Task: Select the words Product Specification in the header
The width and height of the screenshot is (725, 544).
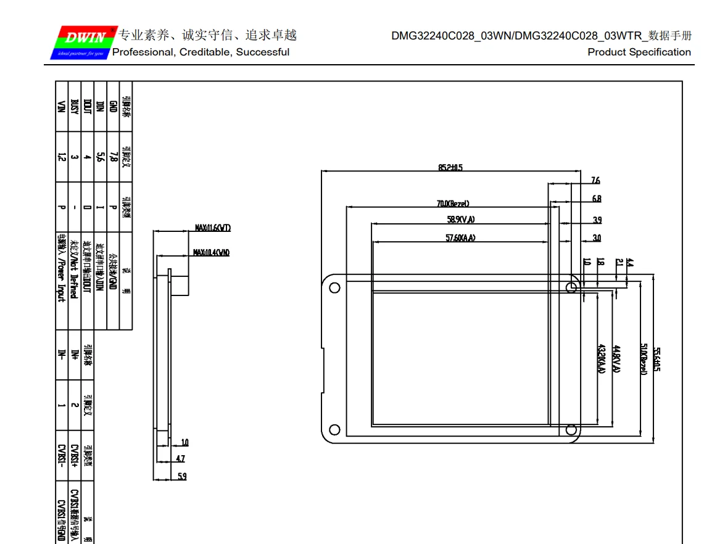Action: tap(639, 52)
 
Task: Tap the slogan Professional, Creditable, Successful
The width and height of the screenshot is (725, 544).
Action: tap(201, 52)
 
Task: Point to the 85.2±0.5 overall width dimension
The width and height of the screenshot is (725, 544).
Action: tap(450, 167)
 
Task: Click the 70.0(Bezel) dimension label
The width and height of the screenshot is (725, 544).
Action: tap(454, 204)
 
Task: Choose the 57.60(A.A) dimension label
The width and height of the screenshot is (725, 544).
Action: tap(460, 238)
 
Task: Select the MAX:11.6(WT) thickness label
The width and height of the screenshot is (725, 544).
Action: tap(212, 228)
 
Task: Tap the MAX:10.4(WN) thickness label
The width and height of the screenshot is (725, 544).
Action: tap(211, 252)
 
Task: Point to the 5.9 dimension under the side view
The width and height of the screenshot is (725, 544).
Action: tap(182, 476)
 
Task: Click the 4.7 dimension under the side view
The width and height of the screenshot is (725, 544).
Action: tap(180, 459)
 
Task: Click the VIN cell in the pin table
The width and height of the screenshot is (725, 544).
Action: tap(61, 106)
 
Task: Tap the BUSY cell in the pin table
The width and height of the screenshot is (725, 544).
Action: tap(74, 106)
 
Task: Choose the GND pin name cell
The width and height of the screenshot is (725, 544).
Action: tap(112, 106)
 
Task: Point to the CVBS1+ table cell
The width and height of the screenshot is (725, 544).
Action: tap(74, 456)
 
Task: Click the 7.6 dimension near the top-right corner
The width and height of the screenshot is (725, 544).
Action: tap(595, 181)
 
